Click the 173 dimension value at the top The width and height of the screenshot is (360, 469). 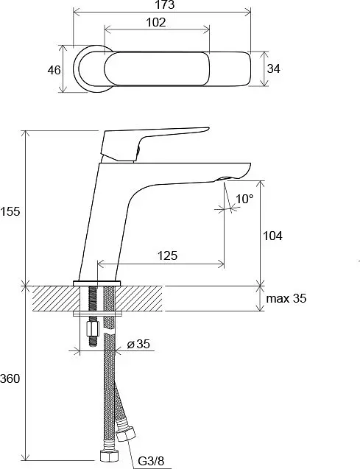(165, 4)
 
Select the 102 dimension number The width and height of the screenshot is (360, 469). (156, 22)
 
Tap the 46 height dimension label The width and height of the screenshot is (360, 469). (54, 70)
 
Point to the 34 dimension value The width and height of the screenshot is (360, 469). (273, 68)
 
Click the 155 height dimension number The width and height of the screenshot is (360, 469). (10, 211)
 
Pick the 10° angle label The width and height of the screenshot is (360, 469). (244, 199)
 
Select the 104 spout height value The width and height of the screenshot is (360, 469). (272, 236)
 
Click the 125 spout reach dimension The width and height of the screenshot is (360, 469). (167, 255)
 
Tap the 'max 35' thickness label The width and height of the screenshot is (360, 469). (286, 298)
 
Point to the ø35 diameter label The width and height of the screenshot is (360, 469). (138, 344)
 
